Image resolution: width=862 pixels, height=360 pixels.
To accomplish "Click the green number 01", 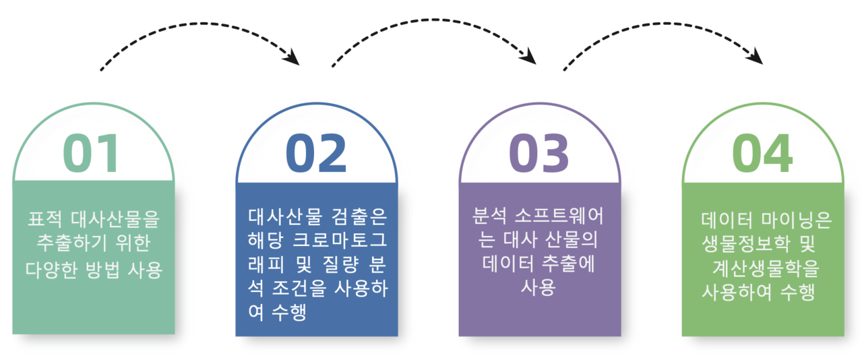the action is point(90,153).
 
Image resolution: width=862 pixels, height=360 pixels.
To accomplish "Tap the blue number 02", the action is point(316,153).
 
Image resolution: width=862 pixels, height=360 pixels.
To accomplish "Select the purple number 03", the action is point(538,153).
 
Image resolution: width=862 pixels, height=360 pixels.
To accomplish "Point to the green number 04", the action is point(762,153).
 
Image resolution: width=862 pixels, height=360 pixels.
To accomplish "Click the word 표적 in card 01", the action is point(44,219).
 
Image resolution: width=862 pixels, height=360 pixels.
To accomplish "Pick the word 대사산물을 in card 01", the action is point(115,219).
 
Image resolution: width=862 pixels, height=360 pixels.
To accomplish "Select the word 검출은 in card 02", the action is point(353,217).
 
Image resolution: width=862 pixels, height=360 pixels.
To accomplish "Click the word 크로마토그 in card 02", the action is point(340,240).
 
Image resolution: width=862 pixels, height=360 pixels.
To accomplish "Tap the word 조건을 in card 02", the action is point(299,289).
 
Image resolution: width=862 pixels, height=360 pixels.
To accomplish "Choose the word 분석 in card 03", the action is point(489,216).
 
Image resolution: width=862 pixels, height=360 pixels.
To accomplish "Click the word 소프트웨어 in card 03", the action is point(559,216).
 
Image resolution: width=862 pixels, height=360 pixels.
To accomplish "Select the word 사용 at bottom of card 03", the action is point(538,287).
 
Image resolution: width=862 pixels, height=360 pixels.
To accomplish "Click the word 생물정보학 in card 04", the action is point(746,244).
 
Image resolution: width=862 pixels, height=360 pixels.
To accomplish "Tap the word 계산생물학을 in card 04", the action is point(766,268).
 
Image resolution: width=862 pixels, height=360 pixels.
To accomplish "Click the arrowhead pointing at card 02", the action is point(292,58).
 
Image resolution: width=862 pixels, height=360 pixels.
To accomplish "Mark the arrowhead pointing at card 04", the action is point(755,57).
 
